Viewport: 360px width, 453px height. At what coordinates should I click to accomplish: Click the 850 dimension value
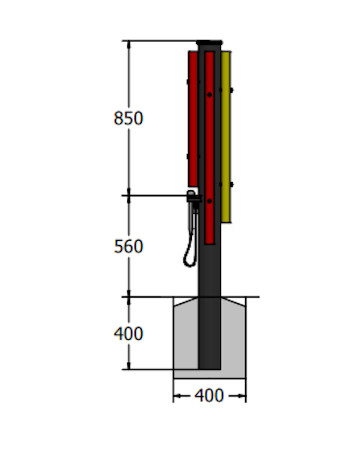(x=128, y=118)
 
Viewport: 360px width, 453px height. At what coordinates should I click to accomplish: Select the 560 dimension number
(x=128, y=247)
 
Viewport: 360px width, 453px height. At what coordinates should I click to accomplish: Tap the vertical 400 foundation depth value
(x=128, y=334)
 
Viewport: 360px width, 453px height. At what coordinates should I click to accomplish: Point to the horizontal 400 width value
(x=209, y=396)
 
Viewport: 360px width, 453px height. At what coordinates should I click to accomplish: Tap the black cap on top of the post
(x=210, y=42)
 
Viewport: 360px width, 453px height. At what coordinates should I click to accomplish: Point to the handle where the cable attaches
(x=192, y=197)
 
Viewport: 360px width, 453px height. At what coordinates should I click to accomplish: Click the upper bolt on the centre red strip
(x=209, y=94)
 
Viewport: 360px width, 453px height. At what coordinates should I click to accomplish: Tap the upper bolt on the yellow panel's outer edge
(x=231, y=90)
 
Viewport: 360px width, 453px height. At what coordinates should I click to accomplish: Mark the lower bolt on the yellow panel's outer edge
(x=231, y=184)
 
